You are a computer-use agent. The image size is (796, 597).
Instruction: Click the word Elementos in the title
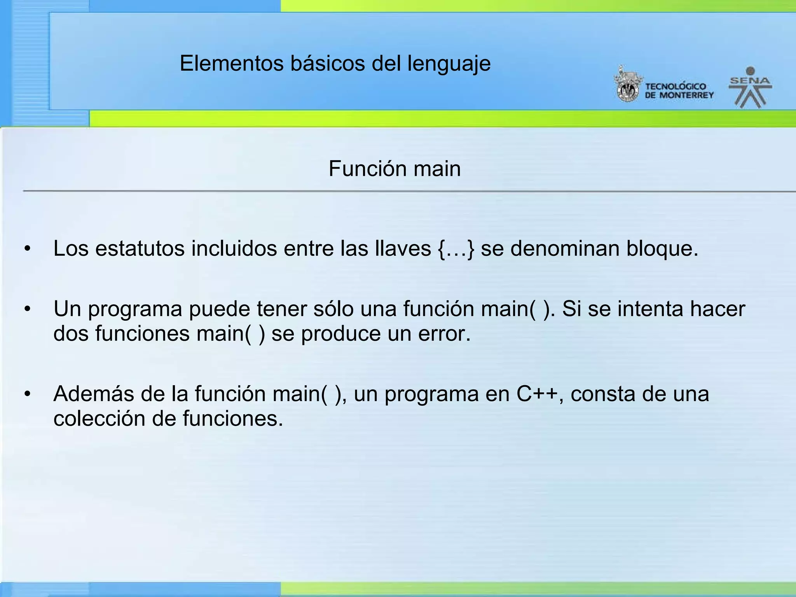(x=232, y=63)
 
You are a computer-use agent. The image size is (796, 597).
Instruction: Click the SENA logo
(x=750, y=87)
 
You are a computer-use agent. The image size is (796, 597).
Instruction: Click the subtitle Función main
(x=395, y=169)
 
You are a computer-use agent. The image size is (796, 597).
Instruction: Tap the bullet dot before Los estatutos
(x=27, y=249)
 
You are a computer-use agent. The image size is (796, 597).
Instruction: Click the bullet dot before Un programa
(x=27, y=309)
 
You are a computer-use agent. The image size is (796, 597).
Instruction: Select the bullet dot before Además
(x=27, y=394)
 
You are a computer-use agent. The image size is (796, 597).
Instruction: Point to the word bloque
(x=662, y=249)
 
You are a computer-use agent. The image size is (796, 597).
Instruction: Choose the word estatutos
(x=140, y=249)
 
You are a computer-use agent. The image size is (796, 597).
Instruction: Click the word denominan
(x=565, y=249)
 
